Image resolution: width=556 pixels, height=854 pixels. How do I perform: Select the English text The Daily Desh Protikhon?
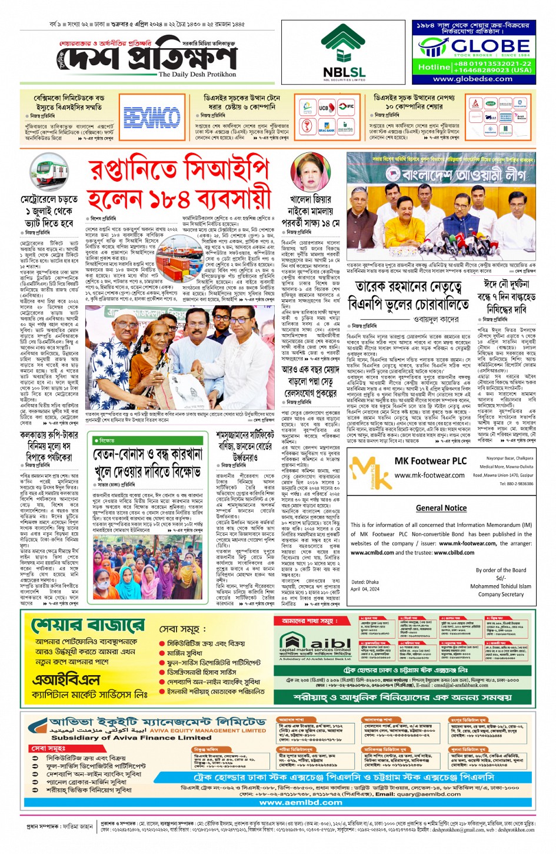click(197, 75)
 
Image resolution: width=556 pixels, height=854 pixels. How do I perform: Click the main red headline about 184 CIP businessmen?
click(179, 184)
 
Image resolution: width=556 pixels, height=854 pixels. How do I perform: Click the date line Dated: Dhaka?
click(365, 582)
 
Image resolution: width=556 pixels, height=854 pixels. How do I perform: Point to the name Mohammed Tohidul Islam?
click(501, 586)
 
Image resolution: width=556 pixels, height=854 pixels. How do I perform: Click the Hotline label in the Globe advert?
click(434, 67)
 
